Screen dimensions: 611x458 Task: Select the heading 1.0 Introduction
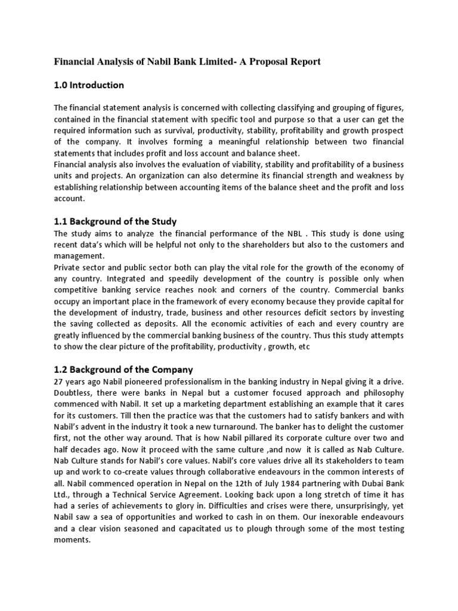click(x=89, y=85)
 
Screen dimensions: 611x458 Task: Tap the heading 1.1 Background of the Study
click(x=116, y=222)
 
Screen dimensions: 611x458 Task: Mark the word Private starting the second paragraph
click(x=69, y=267)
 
